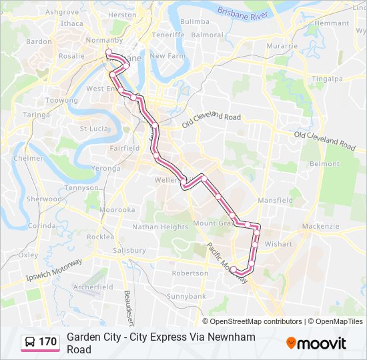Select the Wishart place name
(x=278, y=244)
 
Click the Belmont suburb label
(x=325, y=163)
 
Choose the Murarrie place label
(x=282, y=46)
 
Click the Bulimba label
(x=195, y=21)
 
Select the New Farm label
(x=166, y=56)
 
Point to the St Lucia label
(x=93, y=129)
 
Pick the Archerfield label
(x=93, y=287)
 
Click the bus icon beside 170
(x=31, y=342)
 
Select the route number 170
(x=48, y=342)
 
